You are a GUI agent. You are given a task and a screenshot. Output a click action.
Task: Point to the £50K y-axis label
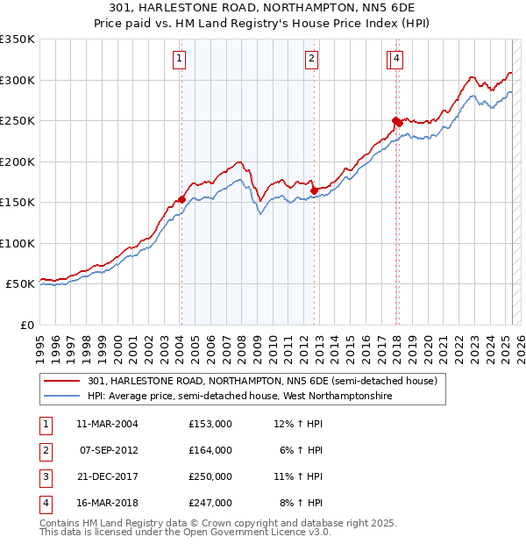(x=19, y=284)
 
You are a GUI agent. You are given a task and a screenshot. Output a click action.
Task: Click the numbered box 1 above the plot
(x=179, y=59)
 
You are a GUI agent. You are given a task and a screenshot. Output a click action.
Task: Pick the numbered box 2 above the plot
(x=311, y=59)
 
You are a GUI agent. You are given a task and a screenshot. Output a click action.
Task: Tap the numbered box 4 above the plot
(x=397, y=59)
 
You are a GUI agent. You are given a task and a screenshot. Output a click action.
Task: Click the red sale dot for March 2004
(x=181, y=199)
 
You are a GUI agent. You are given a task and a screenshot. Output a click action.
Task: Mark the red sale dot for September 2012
(x=314, y=190)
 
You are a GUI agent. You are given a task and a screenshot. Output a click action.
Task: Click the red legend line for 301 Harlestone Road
(x=62, y=382)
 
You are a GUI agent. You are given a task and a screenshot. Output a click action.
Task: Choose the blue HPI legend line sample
(x=62, y=396)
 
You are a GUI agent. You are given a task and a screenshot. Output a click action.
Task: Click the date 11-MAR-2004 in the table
(x=107, y=424)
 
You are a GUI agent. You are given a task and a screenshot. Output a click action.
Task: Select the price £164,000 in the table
(x=210, y=450)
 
